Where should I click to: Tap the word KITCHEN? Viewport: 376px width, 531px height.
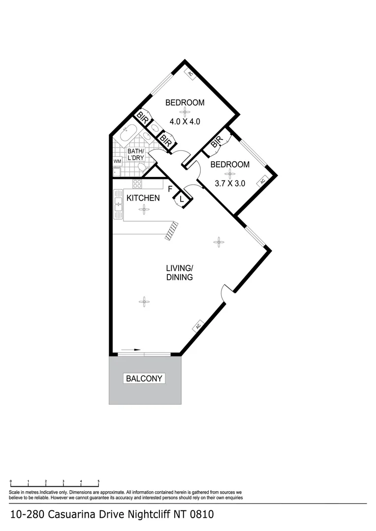point(143,198)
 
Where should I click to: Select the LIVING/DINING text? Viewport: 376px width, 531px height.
point(179,272)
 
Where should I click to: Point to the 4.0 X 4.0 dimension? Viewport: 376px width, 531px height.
point(185,121)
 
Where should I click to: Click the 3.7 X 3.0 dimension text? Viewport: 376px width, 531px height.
point(230,184)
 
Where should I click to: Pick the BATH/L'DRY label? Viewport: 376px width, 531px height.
point(135,154)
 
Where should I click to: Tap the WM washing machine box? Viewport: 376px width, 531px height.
point(117,161)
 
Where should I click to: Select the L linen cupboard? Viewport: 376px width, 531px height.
point(181,199)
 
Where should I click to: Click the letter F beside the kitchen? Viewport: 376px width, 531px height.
point(170,189)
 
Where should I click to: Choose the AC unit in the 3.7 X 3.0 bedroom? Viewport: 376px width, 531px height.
point(263,181)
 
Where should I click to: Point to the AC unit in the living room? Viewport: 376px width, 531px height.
point(198,326)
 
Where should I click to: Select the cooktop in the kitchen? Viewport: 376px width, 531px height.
point(137,184)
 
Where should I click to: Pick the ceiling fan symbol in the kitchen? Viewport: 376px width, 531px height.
point(144,209)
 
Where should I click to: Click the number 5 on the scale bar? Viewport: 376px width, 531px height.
point(99,481)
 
